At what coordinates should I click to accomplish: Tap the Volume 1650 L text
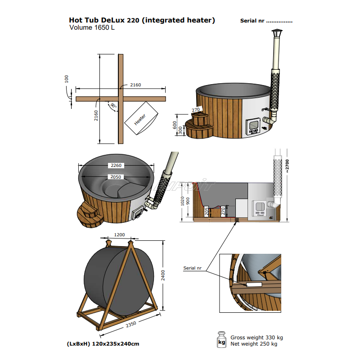[92, 27]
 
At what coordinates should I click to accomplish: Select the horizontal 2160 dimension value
[135, 85]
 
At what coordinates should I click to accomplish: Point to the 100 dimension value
[67, 79]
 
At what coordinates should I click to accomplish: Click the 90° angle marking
[113, 106]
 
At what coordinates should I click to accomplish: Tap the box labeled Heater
[140, 119]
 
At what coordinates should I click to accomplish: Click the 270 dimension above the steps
[196, 109]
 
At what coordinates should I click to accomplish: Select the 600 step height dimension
[175, 125]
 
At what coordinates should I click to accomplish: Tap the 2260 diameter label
[117, 166]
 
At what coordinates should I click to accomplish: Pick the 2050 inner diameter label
[117, 177]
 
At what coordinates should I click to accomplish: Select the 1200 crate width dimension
[119, 234]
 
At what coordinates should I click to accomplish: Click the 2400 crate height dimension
[163, 274]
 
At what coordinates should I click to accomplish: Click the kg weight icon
[221, 340]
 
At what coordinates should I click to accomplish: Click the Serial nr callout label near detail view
[192, 268]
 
